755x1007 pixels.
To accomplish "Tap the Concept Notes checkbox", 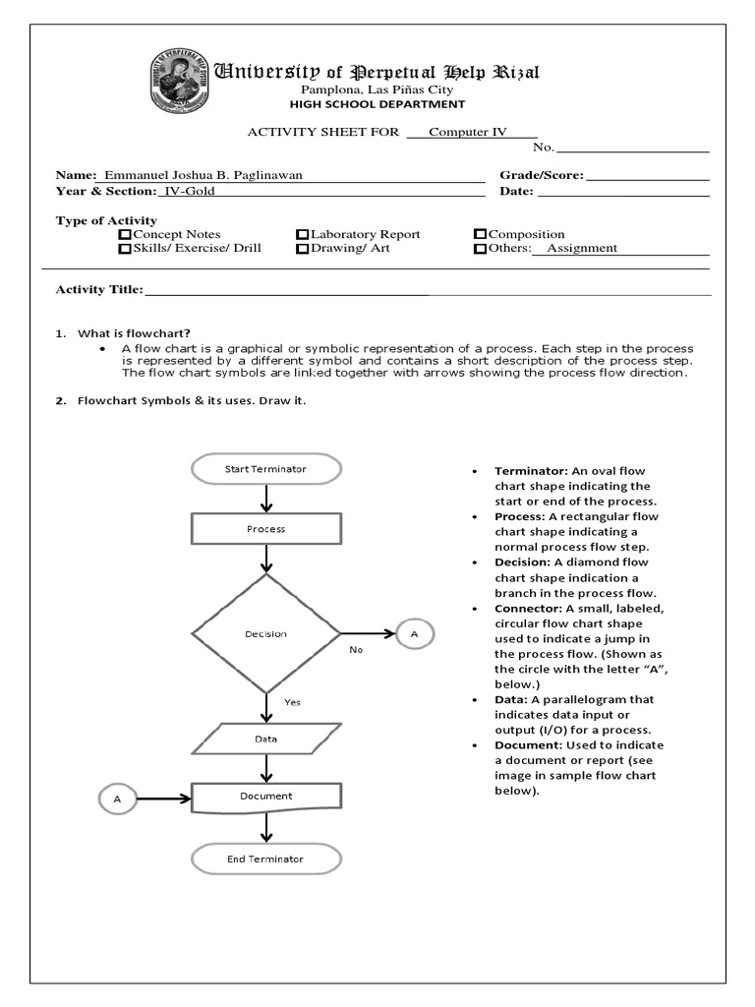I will coord(125,234).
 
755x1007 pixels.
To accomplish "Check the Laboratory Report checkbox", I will coord(303,234).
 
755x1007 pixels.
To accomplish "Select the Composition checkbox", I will coord(480,234).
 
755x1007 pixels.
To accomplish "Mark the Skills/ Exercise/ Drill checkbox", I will coord(125,249).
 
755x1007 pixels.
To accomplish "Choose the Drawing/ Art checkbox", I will coord(303,249).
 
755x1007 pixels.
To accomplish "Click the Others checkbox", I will coord(480,249).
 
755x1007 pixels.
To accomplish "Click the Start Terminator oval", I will coord(265,469).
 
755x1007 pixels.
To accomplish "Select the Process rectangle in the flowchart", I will coord(265,528).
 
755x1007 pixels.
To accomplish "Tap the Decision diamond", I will coord(265,634).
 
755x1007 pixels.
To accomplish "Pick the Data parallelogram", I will coord(265,739).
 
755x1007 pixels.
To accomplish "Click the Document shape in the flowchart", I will coord(265,796).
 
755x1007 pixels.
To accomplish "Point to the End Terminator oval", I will coord(265,859).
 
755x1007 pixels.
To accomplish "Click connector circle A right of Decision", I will coord(414,634).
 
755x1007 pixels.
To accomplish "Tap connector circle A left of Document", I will coord(117,800).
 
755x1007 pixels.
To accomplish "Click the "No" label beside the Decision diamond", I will coord(356,650).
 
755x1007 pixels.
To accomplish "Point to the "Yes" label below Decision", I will coord(292,702).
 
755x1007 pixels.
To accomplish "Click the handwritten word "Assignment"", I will coord(582,249).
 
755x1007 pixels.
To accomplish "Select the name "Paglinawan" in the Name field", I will coord(261,175).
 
